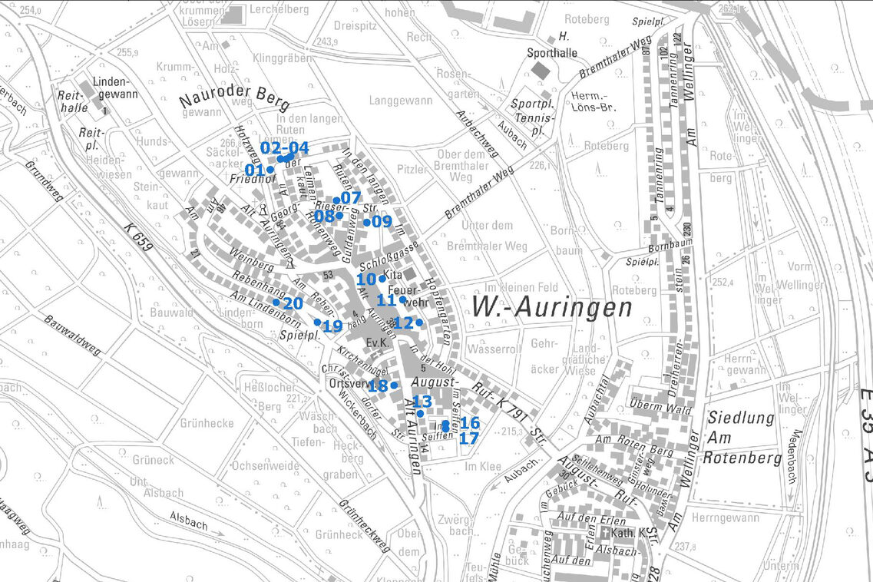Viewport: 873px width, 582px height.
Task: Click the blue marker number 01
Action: (255, 170)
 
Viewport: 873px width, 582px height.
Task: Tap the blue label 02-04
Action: (284, 147)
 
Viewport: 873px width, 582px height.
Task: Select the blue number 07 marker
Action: (350, 198)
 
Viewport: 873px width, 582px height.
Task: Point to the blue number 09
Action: (382, 222)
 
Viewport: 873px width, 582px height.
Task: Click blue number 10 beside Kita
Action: (366, 279)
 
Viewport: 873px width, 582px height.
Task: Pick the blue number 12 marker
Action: (402, 323)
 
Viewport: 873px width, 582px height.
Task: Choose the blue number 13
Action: (422, 402)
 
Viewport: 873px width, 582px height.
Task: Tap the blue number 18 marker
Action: (378, 386)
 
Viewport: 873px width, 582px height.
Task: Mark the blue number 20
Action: (293, 304)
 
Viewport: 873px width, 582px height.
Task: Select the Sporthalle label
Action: (550, 53)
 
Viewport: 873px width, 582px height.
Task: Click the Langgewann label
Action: (400, 101)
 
